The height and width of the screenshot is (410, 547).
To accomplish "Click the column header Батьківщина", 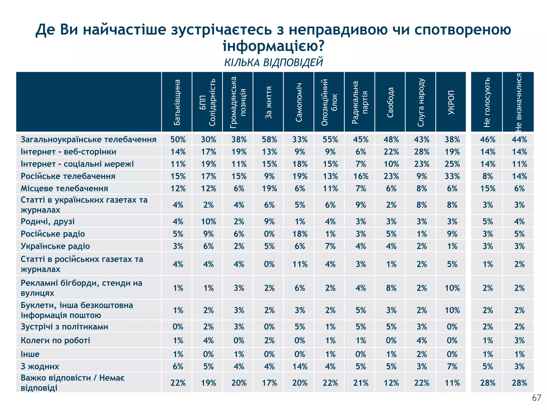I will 177,102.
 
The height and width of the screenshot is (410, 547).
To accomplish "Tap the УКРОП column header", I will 451,102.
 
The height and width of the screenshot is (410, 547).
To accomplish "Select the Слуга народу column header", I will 421,102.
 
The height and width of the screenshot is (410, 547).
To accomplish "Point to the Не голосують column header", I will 487,102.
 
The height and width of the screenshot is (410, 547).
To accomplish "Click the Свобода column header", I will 390,102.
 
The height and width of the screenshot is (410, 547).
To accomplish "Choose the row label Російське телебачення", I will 68,176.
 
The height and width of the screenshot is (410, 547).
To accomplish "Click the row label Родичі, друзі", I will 48,222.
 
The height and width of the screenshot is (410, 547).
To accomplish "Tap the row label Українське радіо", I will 55,246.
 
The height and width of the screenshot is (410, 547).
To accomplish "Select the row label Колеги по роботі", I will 56,340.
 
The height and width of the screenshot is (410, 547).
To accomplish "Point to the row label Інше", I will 30,354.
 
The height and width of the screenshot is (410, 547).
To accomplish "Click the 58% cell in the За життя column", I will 269,139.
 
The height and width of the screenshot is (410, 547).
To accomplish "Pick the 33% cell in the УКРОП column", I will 452,176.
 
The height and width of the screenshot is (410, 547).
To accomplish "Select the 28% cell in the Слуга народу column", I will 422,152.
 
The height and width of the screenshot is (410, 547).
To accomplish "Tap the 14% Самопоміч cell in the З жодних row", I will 300,366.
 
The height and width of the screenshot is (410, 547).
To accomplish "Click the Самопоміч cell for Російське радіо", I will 300,234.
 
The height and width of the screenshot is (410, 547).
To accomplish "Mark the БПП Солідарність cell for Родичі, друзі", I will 208,222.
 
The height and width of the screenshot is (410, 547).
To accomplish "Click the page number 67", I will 536,398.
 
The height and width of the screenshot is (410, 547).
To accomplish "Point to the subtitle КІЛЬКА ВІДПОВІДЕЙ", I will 273,62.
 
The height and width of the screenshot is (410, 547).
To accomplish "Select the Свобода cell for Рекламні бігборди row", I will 391,288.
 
